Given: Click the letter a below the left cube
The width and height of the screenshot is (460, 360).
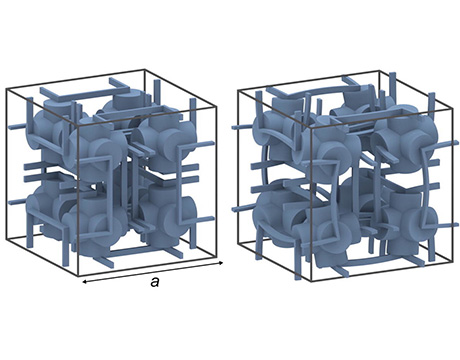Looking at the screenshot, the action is pos(154,283).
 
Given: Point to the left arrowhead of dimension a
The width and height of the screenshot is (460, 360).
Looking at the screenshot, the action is pos(84,282).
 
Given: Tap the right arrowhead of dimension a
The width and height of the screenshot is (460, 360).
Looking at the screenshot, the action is pos(221,263).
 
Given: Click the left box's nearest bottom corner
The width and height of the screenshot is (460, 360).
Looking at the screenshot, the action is pos(77,276).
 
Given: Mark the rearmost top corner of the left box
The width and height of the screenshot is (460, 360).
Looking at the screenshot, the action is pos(145,70).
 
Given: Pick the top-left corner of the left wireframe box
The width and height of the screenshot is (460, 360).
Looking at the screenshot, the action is pos(6,89).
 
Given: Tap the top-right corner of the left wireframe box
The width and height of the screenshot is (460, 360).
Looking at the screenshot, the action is pos(216,107).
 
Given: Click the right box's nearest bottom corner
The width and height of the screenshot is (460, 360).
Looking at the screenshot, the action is pos(311,281).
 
